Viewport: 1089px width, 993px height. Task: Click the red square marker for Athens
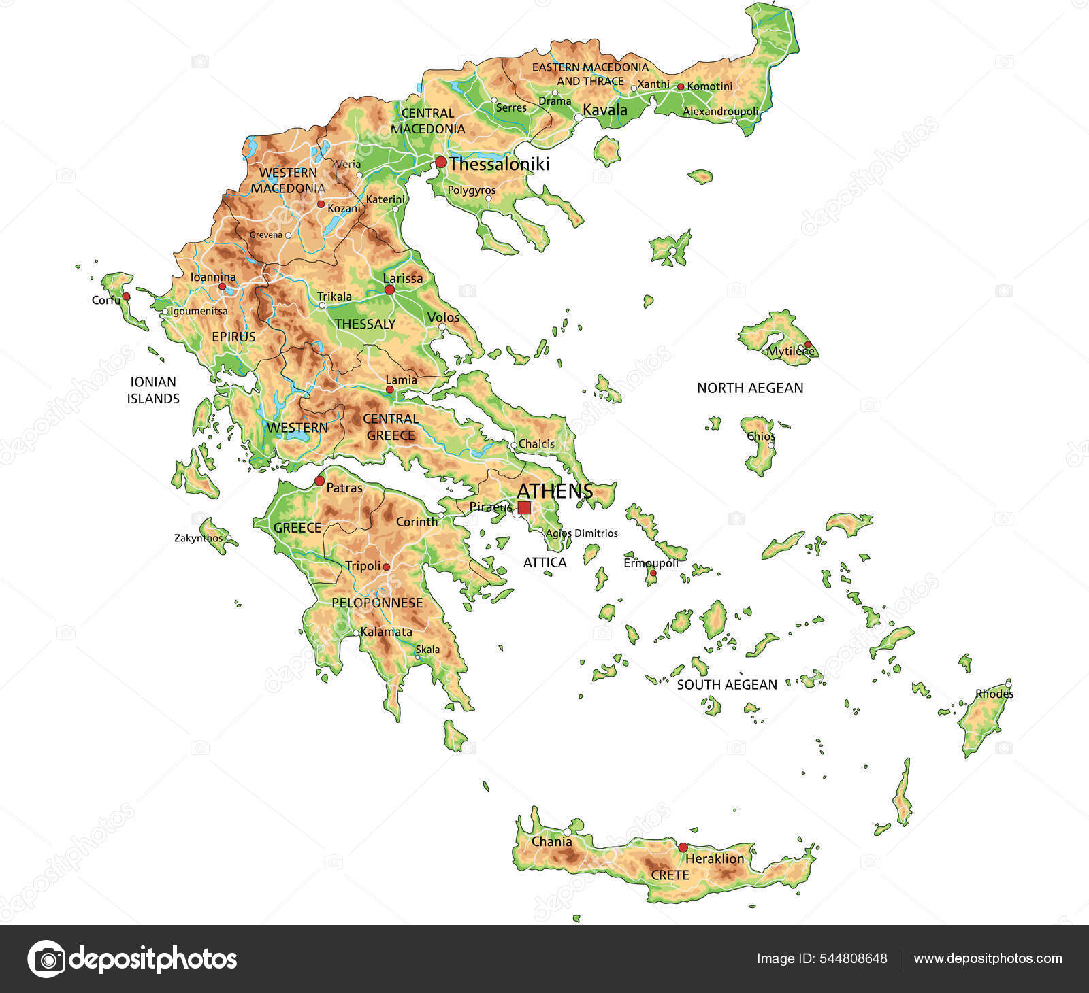coord(524,507)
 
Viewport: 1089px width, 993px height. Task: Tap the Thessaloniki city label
coord(499,164)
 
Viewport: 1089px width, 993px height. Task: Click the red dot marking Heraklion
coord(683,847)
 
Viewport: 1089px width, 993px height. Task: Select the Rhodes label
coord(994,694)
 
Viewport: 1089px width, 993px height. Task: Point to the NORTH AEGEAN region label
coord(750,388)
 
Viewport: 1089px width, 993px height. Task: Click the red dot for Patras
coord(319,481)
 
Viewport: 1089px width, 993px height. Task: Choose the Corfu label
coord(105,300)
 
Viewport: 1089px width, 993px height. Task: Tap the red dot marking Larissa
coord(389,290)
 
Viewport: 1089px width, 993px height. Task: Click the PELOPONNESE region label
coord(377,603)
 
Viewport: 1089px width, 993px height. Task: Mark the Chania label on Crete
coord(551,841)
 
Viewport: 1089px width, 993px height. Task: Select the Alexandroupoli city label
coord(720,111)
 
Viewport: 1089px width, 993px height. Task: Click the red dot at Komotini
coord(680,87)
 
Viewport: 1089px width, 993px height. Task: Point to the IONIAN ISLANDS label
coord(153,390)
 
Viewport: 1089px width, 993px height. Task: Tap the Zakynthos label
coord(198,538)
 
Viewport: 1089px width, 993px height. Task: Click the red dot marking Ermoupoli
coord(652,573)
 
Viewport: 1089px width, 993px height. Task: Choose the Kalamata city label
coord(386,632)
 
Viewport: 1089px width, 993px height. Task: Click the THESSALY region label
coord(365,324)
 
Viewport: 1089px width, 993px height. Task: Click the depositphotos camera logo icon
coord(46,959)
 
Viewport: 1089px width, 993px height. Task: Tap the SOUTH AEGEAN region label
coord(726,685)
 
